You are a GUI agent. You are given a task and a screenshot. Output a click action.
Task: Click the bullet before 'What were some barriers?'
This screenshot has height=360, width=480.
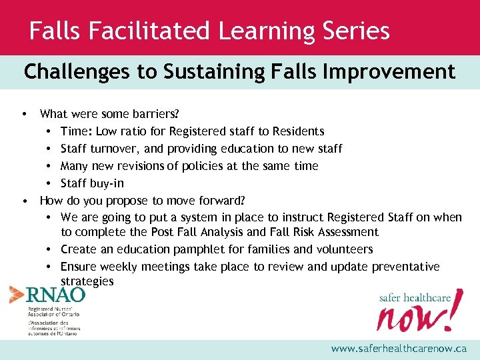(x=24, y=114)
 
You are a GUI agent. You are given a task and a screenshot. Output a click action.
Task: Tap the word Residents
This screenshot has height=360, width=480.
(x=295, y=131)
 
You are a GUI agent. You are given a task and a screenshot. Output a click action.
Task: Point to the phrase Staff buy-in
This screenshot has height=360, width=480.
(x=92, y=183)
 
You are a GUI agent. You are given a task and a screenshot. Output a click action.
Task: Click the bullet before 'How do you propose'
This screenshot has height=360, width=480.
(x=24, y=200)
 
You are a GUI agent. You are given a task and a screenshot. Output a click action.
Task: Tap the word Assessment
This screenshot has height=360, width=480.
(x=347, y=232)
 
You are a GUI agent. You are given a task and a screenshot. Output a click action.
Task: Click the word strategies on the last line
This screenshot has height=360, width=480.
(x=87, y=282)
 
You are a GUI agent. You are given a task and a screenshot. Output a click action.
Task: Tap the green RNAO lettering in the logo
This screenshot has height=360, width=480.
(x=55, y=295)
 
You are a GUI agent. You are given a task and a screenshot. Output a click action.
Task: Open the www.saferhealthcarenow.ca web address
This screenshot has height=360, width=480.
(x=399, y=349)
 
